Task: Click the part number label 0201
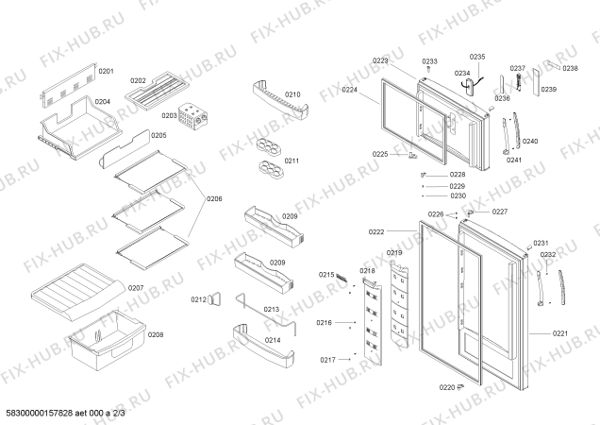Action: pyautogui.click(x=107, y=72)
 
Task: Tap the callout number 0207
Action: pyautogui.click(x=136, y=288)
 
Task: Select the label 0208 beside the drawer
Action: pyautogui.click(x=156, y=335)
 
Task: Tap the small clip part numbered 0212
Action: pyautogui.click(x=215, y=300)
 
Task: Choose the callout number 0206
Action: pyautogui.click(x=215, y=198)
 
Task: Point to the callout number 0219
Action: pyautogui.click(x=394, y=253)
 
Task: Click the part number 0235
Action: pyautogui.click(x=477, y=57)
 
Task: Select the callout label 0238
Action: pyautogui.click(x=570, y=68)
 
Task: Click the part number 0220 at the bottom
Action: pyautogui.click(x=446, y=386)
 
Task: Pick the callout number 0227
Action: pyautogui.click(x=499, y=211)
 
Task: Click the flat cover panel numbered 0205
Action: pyautogui.click(x=158, y=136)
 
